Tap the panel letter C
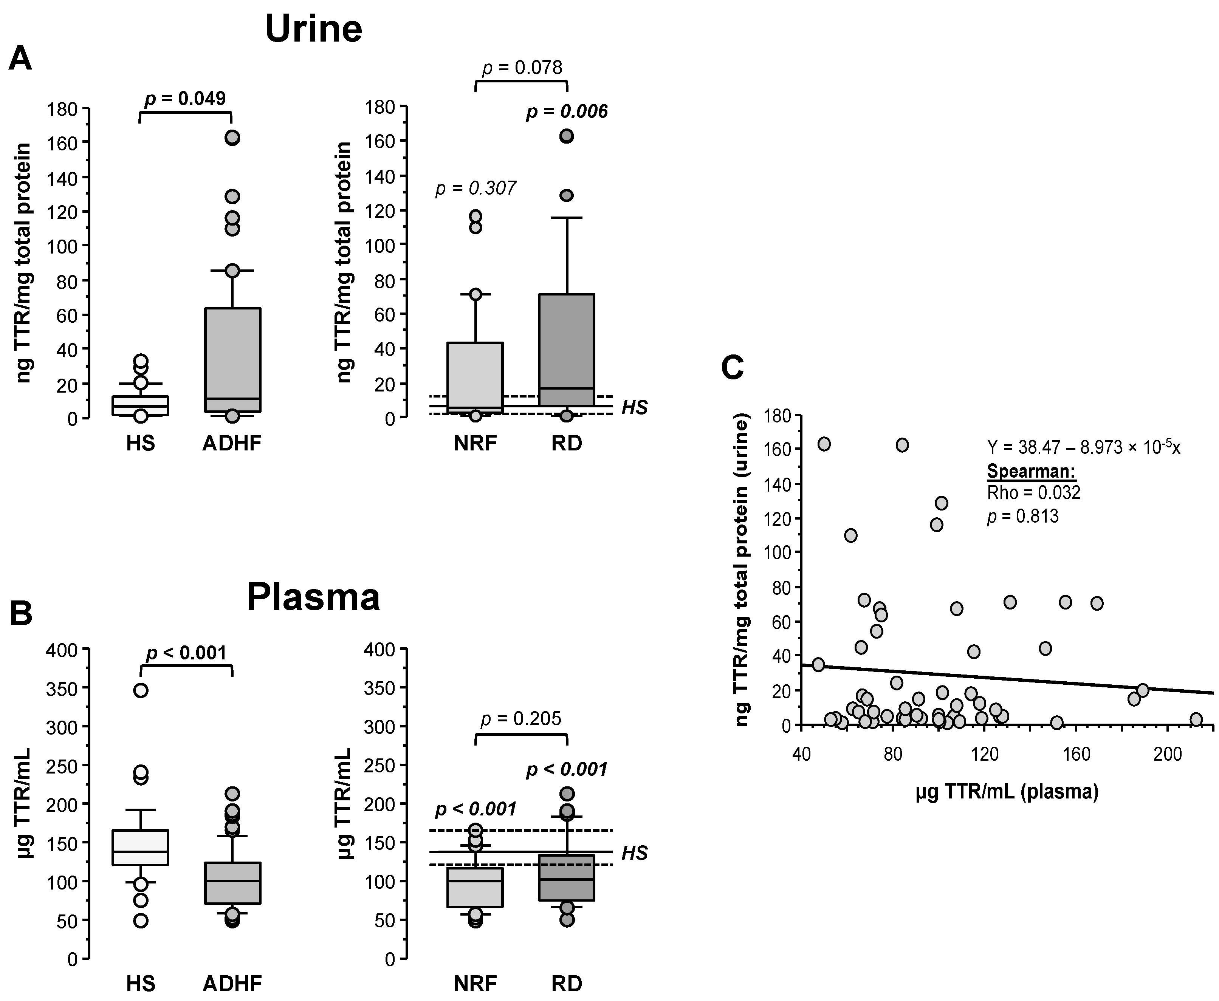point(732,367)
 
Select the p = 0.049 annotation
point(185,99)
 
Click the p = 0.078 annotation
point(522,68)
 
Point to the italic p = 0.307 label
point(476,188)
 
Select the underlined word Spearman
point(1031,472)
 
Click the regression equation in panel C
point(1083,447)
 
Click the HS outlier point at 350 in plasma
point(141,691)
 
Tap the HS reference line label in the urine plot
point(634,408)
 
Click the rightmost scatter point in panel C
point(1196,719)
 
